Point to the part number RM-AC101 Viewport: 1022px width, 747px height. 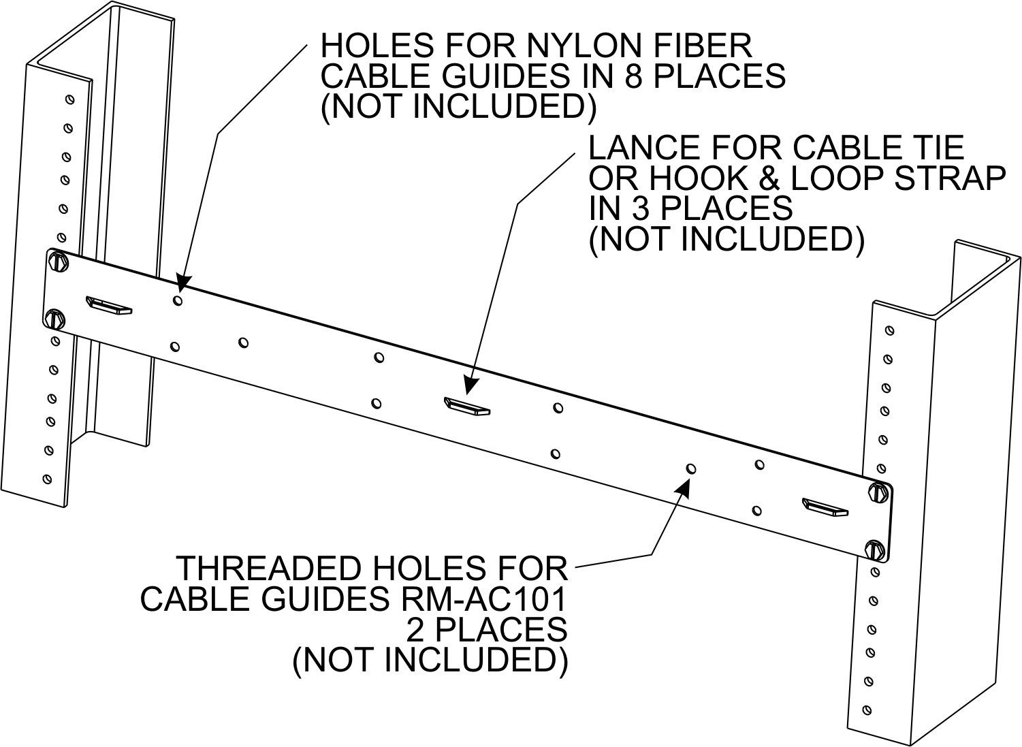point(481,599)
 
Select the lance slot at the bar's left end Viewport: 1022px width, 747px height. point(109,305)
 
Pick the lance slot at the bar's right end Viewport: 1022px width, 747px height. point(825,507)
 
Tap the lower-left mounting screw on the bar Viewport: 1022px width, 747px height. point(54,317)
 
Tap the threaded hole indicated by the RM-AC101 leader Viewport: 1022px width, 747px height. point(691,468)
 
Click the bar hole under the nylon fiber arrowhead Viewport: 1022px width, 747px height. point(178,300)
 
